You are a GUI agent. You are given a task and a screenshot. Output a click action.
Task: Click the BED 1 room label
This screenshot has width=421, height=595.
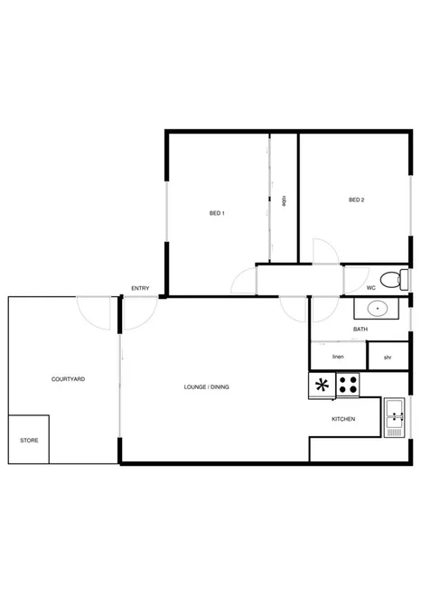pyautogui.click(x=217, y=213)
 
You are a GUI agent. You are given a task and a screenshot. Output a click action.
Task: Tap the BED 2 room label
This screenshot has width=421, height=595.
pyautogui.click(x=356, y=200)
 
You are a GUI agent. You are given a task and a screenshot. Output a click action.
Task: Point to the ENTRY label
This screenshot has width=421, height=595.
pyautogui.click(x=140, y=288)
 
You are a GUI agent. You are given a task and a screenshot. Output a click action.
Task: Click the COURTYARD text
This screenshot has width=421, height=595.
pyautogui.click(x=68, y=380)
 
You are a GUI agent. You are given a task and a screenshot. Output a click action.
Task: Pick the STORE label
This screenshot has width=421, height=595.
pyautogui.click(x=29, y=440)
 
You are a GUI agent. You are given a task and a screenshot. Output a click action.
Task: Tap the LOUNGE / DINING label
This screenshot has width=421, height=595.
pyautogui.click(x=206, y=387)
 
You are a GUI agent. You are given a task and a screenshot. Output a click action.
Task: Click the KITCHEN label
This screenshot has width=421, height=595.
pyautogui.click(x=343, y=420)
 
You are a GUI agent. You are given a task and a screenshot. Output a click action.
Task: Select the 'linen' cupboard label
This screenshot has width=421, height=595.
pyautogui.click(x=339, y=357)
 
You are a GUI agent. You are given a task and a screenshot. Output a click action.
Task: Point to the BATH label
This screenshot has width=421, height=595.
pyautogui.click(x=360, y=330)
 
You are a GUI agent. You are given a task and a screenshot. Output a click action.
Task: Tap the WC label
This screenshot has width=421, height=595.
pyautogui.click(x=371, y=288)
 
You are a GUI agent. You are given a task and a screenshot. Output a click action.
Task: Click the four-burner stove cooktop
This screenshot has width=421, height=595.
pyautogui.click(x=348, y=386)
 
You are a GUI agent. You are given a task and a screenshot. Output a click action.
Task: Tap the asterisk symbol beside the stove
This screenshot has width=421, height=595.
pyautogui.click(x=321, y=386)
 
